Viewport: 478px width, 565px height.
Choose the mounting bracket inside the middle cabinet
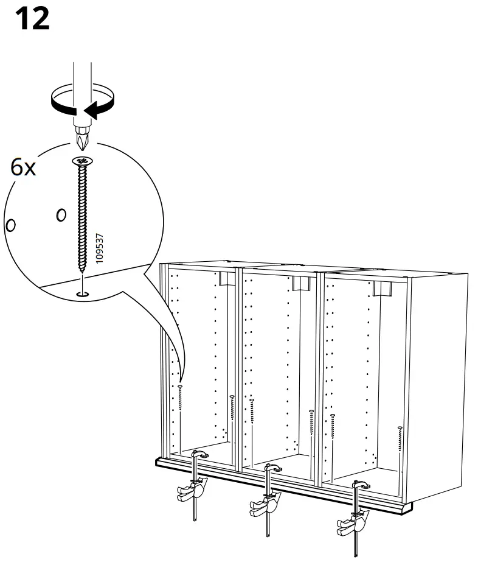click(x=300, y=284)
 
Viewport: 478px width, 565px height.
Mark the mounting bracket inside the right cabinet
click(x=382, y=289)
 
